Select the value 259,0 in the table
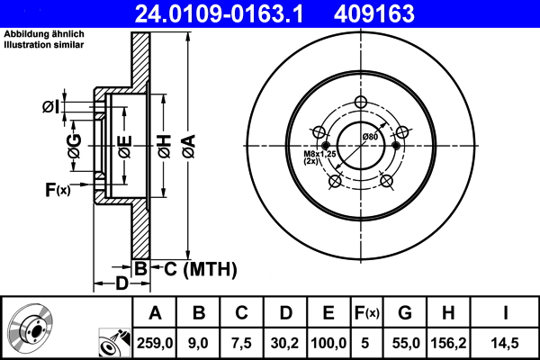coord(155,342)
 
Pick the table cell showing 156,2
coord(448,342)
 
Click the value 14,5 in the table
coord(506,342)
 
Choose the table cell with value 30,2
coord(286,342)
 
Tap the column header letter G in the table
coord(404,314)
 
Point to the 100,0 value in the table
coord(328,342)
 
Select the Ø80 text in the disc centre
coord(369,136)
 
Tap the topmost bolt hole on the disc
coord(360,102)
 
